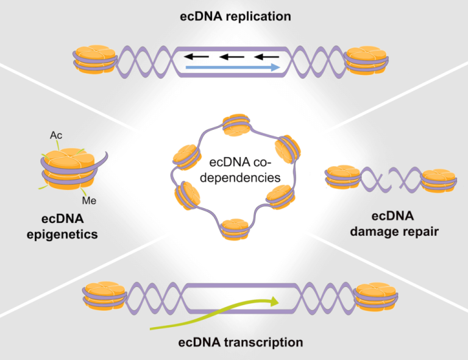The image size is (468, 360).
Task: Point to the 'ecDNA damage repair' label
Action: [x=405, y=224]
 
